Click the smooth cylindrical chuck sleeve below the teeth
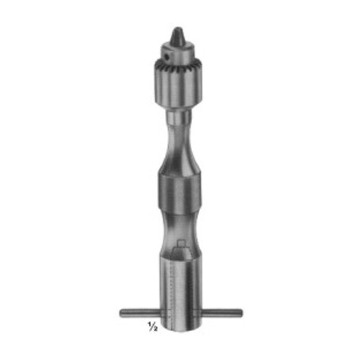(178, 90)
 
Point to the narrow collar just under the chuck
(179, 117)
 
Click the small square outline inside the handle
(181, 243)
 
